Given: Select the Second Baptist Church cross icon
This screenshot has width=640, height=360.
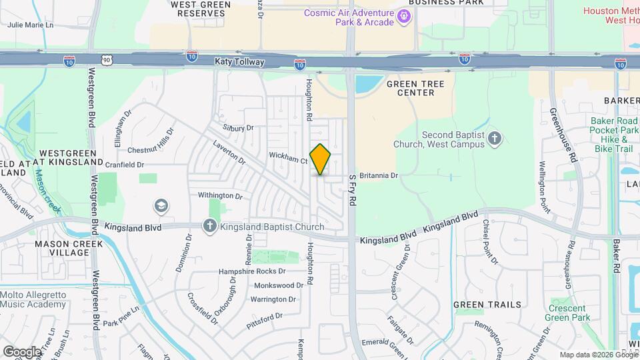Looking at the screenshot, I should tap(494, 138).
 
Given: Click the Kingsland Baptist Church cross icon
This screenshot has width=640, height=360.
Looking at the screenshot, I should tap(210, 226).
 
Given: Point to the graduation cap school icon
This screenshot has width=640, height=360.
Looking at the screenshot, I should tap(160, 205).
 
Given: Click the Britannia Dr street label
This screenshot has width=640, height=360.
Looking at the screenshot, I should tap(378, 175).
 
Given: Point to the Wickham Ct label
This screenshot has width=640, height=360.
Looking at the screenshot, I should tap(288, 160).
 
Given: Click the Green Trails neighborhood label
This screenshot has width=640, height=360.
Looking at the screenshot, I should tap(487, 305).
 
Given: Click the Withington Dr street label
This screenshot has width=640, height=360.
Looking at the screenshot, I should tap(220, 195).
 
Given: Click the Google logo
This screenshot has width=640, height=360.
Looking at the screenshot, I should tap(22, 351).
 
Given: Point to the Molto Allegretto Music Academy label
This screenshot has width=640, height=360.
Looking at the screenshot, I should tap(33, 299).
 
